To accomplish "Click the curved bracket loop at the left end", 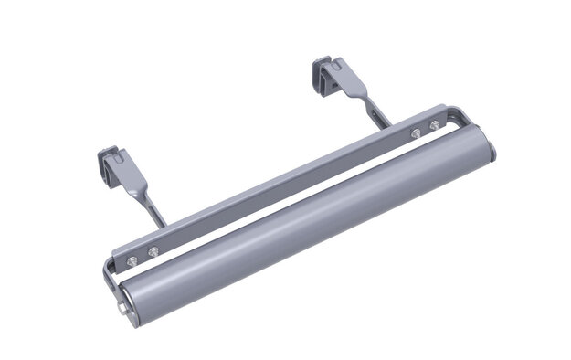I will coord(109,275).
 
